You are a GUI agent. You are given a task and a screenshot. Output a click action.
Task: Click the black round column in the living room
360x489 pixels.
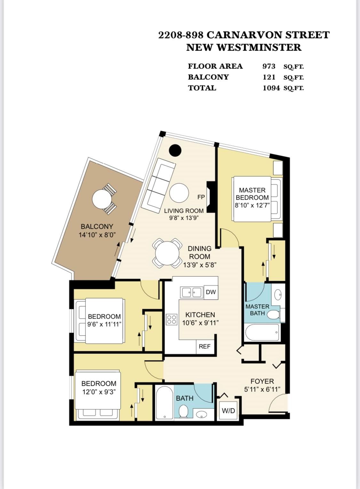click(x=175, y=150)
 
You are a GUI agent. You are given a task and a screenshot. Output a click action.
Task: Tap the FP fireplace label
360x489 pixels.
click(x=201, y=197)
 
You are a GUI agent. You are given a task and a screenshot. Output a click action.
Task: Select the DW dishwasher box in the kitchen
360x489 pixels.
click(x=211, y=292)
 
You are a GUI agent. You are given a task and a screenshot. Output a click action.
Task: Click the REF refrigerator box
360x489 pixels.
click(x=204, y=346)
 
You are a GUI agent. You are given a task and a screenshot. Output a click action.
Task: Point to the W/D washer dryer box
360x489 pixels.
click(x=228, y=411)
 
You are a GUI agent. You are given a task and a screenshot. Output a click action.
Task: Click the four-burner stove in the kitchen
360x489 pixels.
click(x=172, y=319)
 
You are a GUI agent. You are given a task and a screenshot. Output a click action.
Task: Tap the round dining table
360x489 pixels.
click(x=167, y=253)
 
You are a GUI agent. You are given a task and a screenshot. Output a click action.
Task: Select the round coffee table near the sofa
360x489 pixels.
click(x=179, y=193)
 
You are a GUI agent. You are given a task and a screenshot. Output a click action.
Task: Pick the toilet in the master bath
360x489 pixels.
click(x=274, y=315)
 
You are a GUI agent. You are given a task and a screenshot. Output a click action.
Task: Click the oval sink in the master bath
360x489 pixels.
click(x=278, y=295)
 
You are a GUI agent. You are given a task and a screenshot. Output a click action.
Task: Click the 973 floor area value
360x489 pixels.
click(x=269, y=66)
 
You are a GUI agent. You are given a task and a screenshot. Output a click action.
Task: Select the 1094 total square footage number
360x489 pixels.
click(x=271, y=88)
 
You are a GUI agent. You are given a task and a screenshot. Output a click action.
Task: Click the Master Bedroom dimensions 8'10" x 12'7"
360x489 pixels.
click(x=252, y=205)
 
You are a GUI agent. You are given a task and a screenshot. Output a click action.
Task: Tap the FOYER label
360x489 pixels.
click(x=262, y=381)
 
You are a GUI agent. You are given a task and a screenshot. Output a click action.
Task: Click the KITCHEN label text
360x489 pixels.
click(x=200, y=315)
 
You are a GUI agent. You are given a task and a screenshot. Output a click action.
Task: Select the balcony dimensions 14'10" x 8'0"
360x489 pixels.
click(x=97, y=235)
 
